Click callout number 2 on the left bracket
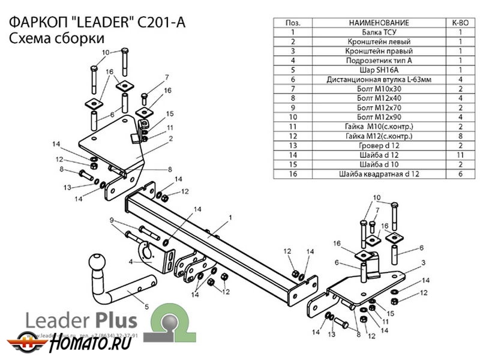170,139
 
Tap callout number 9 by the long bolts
112,221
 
